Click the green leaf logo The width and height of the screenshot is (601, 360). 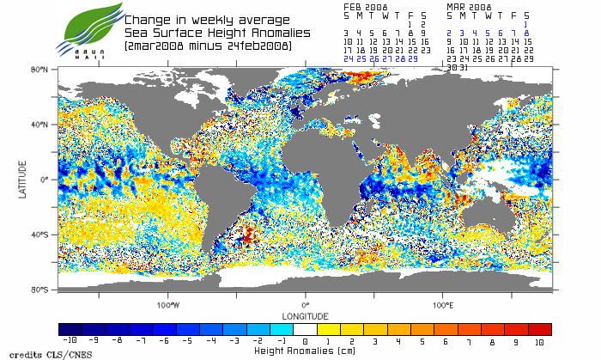[x=88, y=26]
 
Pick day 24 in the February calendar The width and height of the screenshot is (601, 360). [x=348, y=58]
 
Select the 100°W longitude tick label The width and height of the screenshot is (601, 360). [x=168, y=304]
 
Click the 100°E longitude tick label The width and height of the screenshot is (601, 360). [x=442, y=304]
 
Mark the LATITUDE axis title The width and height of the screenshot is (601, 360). [x=22, y=179]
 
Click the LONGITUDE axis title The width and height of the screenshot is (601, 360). [x=306, y=315]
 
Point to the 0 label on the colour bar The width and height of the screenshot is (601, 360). [x=306, y=341]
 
